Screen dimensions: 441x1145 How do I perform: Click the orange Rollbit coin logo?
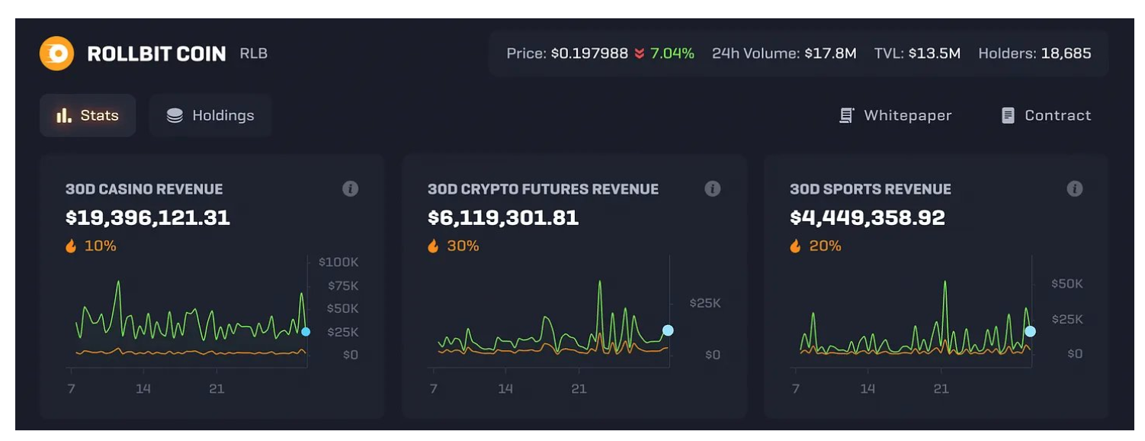(56, 54)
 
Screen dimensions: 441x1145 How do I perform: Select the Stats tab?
(88, 115)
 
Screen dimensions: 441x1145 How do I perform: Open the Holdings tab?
(210, 115)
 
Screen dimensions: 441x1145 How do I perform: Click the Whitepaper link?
(896, 115)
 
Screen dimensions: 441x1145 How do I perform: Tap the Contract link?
(1046, 115)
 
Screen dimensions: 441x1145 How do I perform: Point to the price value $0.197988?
(589, 53)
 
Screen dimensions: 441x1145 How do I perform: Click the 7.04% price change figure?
(672, 53)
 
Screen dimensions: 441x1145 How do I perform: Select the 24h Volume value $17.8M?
(830, 53)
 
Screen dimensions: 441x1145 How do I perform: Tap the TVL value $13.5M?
(934, 53)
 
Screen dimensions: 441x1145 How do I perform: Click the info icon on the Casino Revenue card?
(350, 188)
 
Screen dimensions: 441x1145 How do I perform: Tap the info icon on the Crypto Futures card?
(712, 188)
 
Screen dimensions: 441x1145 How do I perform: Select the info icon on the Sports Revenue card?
(1074, 188)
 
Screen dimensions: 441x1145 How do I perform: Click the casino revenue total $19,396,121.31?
(148, 218)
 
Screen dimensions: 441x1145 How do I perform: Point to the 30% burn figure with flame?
(454, 246)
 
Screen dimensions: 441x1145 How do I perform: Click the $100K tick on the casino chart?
(338, 262)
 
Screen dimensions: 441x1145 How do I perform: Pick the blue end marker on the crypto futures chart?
(668, 330)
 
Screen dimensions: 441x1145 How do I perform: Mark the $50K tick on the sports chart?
(1066, 284)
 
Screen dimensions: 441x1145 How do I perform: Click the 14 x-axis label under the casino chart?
(143, 389)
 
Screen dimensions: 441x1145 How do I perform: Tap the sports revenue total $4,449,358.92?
(868, 218)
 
